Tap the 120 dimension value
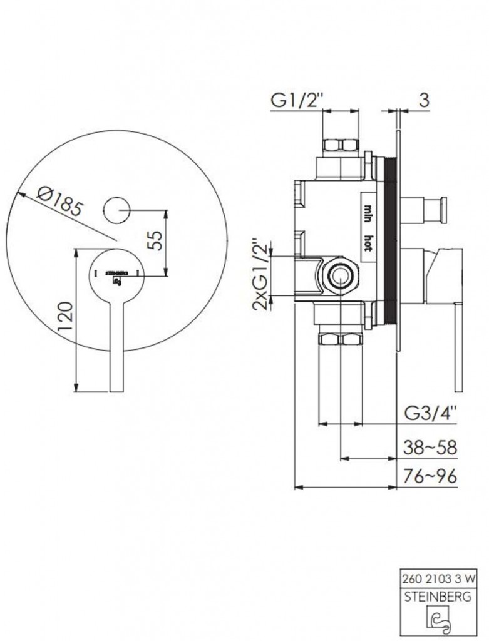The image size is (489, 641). point(65,316)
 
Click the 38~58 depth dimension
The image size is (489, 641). point(430,448)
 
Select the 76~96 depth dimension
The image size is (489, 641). point(430,476)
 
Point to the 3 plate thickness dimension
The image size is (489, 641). point(425,100)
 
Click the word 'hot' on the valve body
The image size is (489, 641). point(368,243)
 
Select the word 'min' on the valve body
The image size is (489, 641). point(368,213)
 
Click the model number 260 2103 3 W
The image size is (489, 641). point(440,578)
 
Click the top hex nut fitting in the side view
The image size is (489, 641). point(341,145)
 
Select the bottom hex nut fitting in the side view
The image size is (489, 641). point(341,339)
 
